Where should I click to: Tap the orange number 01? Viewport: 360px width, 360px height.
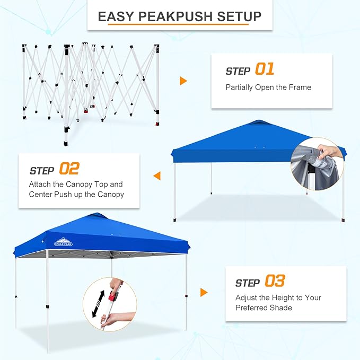[x=265, y=69]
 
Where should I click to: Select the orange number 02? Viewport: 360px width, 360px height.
[x=69, y=169]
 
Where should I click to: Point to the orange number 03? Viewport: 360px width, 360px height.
[x=274, y=281]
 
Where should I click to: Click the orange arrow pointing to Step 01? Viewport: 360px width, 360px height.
[x=183, y=81]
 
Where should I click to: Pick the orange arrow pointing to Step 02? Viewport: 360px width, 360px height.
[x=157, y=175]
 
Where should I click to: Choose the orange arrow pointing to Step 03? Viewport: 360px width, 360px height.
[x=204, y=292]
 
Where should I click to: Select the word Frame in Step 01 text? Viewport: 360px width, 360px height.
[x=301, y=87]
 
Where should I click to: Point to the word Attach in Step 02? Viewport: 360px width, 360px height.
[x=41, y=185]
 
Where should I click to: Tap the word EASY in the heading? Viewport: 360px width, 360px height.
[x=116, y=16]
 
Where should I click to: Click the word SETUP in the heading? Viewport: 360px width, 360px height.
[x=240, y=16]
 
